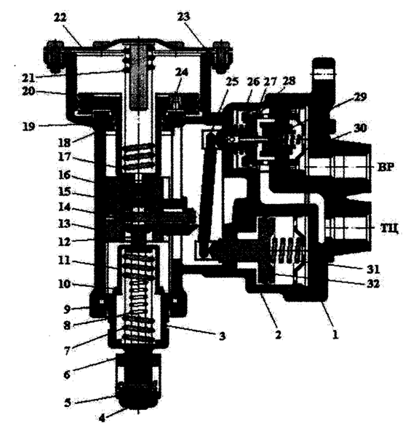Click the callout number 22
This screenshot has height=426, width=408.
60,18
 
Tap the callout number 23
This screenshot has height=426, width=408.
184,17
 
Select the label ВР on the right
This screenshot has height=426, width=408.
386,167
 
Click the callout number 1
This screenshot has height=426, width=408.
335,334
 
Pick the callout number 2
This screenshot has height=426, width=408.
278,334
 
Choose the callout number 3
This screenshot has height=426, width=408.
222,336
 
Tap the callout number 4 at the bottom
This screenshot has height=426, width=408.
102,418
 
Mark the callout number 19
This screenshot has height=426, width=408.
29,126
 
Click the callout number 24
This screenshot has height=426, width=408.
182,73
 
